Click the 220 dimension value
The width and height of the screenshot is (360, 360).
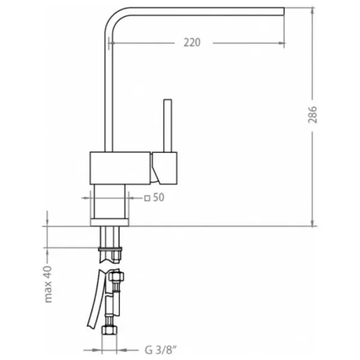[x=192, y=43]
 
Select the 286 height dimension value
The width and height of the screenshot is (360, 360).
[x=313, y=115]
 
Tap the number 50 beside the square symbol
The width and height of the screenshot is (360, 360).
[x=158, y=197]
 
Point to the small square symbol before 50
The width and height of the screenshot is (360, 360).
[x=147, y=198]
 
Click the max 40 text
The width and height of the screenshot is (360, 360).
[x=48, y=284]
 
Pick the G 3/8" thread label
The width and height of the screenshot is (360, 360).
[x=161, y=350]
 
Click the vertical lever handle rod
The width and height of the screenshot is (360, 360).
[x=167, y=125]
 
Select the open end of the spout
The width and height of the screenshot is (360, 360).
[x=284, y=11]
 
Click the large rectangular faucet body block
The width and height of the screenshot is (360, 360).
[x=120, y=168]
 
